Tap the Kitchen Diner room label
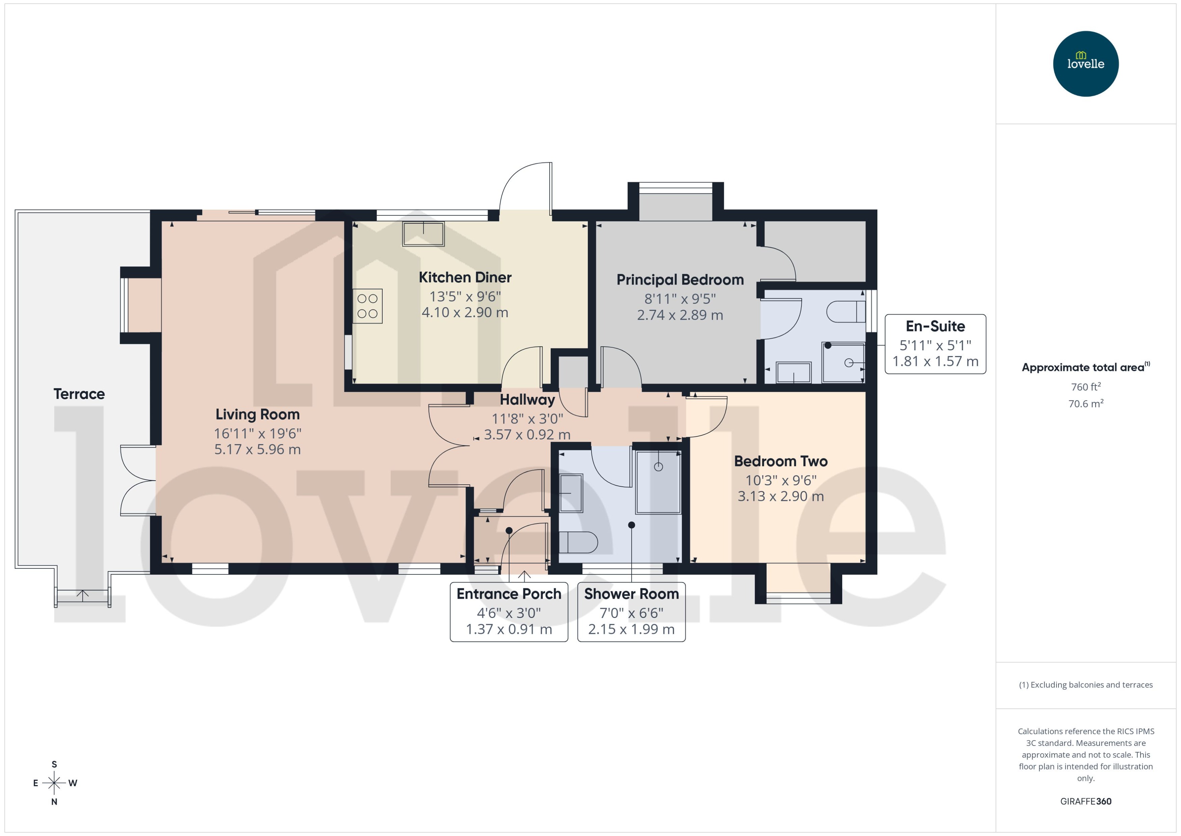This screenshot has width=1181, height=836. [465, 277]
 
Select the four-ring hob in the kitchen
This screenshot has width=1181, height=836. [367, 306]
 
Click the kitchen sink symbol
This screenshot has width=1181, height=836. [423, 234]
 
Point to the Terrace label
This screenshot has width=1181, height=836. [79, 394]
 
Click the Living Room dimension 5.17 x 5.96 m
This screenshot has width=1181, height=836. [257, 450]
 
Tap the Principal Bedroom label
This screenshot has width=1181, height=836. [680, 280]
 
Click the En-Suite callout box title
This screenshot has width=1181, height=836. [935, 326]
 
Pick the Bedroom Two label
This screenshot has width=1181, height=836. [781, 461]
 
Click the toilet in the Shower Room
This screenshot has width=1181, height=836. [578, 542]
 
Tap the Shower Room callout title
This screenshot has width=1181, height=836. [631, 594]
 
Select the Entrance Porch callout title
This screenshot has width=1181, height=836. [509, 594]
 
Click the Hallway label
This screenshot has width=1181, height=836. [527, 400]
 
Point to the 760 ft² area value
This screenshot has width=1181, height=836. [1085, 387]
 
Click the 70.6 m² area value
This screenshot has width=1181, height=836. [1085, 404]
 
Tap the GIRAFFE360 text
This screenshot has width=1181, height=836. [1085, 802]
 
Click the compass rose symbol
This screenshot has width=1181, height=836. [54, 783]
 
